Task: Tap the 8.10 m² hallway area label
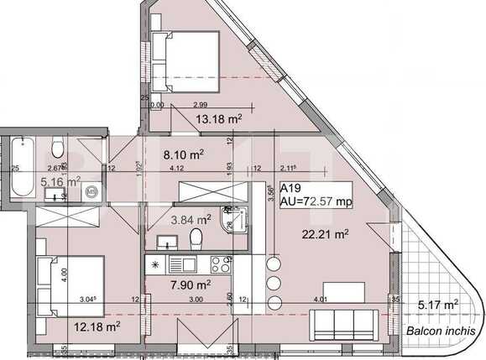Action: coord(184,154)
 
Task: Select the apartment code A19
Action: coord(291,189)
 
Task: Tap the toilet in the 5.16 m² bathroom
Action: coord(56,149)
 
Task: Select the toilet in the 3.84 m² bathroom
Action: coord(195,242)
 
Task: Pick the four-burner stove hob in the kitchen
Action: coord(221,264)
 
